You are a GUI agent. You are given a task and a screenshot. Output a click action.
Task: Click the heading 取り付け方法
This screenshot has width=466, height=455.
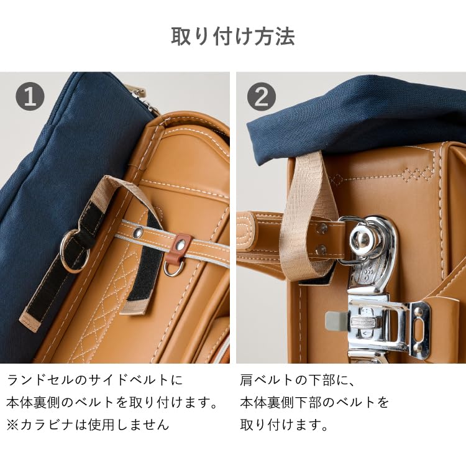point(233,37)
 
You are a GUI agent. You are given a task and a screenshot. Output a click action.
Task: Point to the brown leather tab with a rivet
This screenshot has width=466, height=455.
point(181,244)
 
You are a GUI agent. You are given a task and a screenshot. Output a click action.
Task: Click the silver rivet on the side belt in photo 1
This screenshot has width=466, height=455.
point(137,232)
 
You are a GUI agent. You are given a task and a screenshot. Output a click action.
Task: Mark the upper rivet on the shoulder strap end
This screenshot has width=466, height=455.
point(322,227)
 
